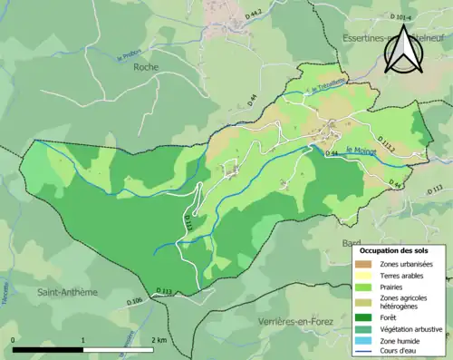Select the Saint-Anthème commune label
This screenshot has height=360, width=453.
click(x=67, y=292)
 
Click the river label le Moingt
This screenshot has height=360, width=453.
click(x=361, y=151)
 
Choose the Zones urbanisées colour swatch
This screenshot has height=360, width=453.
click(x=363, y=264)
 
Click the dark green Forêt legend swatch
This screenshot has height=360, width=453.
click(x=363, y=316)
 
